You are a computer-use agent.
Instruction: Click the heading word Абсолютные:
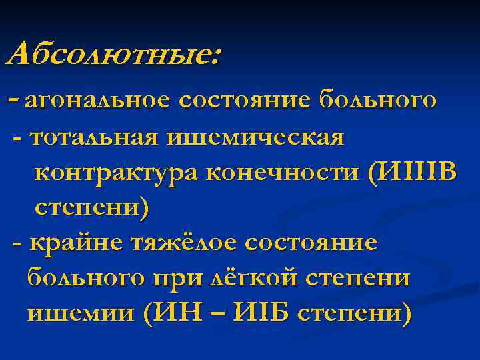111,53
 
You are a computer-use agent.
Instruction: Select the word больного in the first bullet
378,101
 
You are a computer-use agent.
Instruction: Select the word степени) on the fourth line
92,207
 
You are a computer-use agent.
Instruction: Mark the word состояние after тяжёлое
310,243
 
